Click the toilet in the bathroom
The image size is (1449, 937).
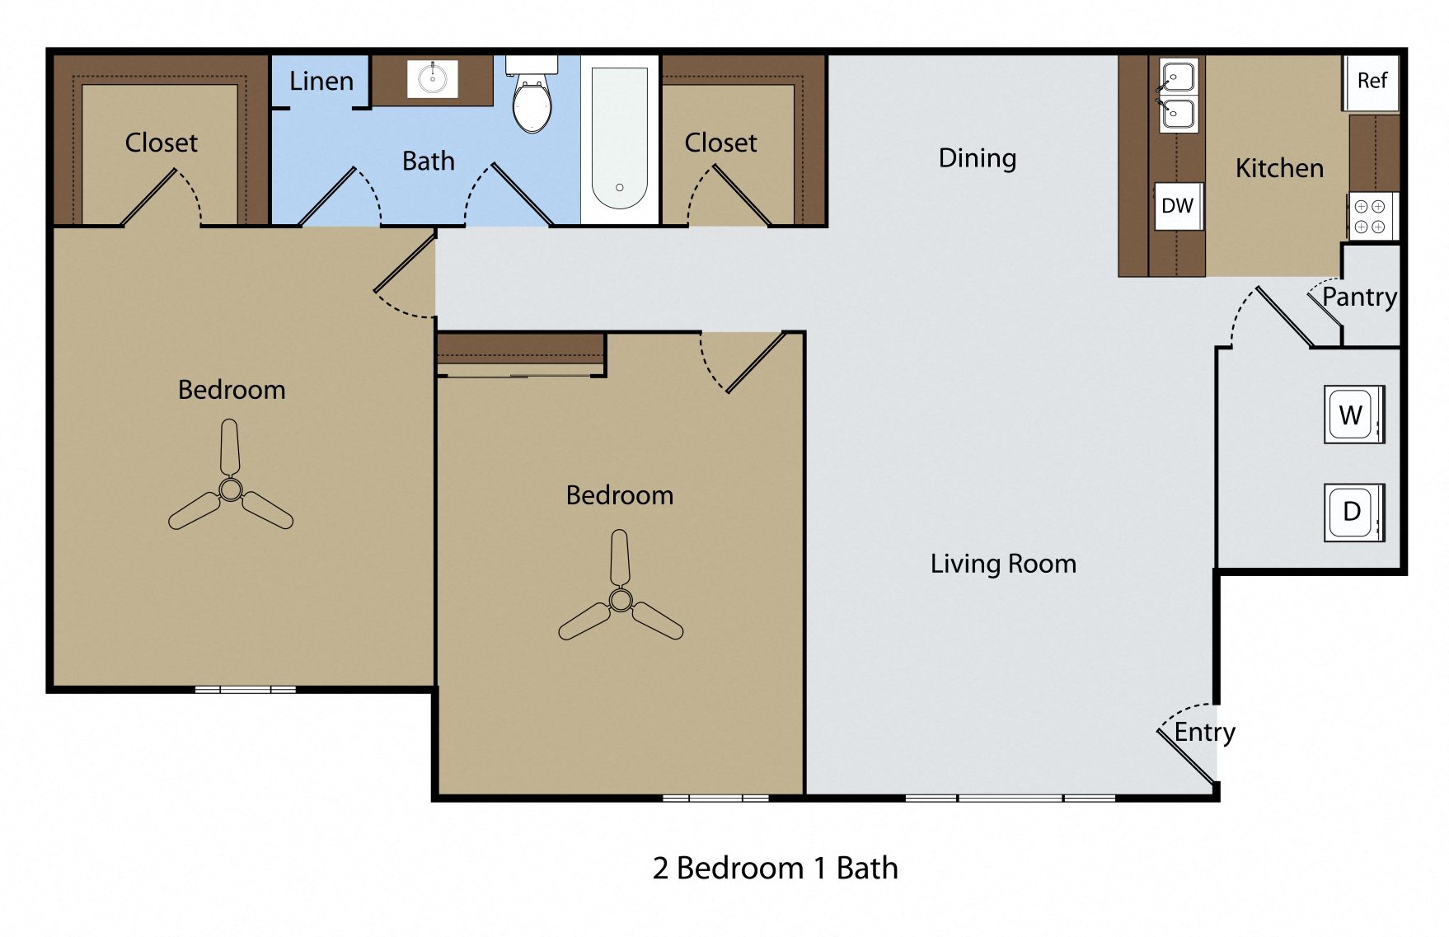[x=532, y=99]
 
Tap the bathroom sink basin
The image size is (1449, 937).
[x=432, y=79]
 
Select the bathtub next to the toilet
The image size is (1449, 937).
[x=619, y=138]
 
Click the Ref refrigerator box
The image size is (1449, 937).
[x=1372, y=81]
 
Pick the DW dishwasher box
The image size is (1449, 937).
[x=1176, y=206]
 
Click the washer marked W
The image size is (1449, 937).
[x=1352, y=415]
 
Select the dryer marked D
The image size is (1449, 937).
[x=1352, y=512]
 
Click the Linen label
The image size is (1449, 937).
[x=321, y=82]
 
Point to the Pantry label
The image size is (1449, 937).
[x=1359, y=297]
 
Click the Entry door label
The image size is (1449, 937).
[x=1204, y=732]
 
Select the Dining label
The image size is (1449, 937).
[x=977, y=158]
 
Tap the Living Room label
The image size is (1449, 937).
[x=1003, y=564]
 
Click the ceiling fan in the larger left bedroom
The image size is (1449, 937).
[x=230, y=490]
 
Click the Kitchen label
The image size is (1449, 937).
[x=1279, y=168]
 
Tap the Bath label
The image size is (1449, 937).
[x=428, y=161]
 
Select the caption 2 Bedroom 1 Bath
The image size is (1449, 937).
[x=775, y=868]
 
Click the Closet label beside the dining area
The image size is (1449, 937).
[x=720, y=143]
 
